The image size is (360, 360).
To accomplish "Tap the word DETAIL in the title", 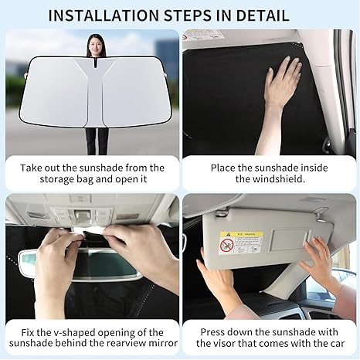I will point(262,15).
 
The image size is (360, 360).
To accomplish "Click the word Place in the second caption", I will point(205,167).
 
